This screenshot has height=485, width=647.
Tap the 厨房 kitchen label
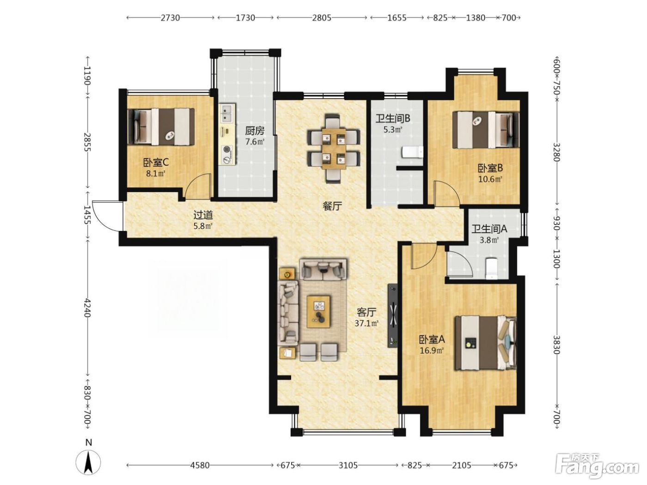click(x=255, y=130)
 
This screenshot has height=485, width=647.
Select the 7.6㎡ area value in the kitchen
click(x=255, y=142)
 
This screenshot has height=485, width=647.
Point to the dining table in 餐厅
click(x=334, y=148)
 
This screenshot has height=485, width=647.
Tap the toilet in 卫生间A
click(x=491, y=268)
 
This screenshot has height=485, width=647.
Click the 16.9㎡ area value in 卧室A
click(x=432, y=351)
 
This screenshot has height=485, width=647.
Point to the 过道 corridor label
click(x=203, y=215)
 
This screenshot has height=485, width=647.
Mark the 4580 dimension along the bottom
click(x=200, y=465)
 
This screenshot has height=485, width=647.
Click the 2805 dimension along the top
click(x=322, y=18)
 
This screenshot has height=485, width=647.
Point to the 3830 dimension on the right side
click(x=556, y=345)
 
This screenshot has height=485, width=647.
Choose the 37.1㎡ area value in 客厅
click(x=366, y=324)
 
